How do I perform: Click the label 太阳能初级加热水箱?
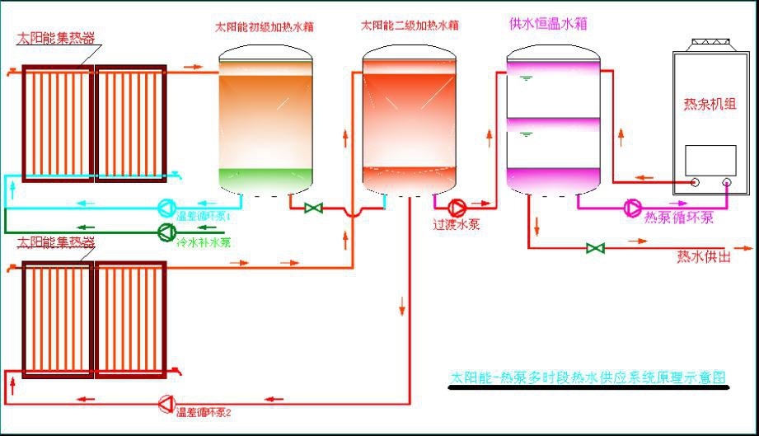coord(264,26)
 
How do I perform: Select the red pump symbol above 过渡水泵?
coord(456,207)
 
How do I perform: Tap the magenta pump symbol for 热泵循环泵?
coord(633,207)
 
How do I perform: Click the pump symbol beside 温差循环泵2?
coord(166,403)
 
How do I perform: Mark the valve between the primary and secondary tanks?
coord(313,208)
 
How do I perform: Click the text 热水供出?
coord(703,256)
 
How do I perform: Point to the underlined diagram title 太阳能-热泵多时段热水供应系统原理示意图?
coord(588,377)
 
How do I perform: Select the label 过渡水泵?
coord(457,223)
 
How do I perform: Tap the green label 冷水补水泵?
coord(204,242)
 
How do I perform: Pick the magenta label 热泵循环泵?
coord(678,218)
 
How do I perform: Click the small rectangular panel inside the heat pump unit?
coord(710,160)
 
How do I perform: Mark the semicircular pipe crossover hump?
coord(352,213)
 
